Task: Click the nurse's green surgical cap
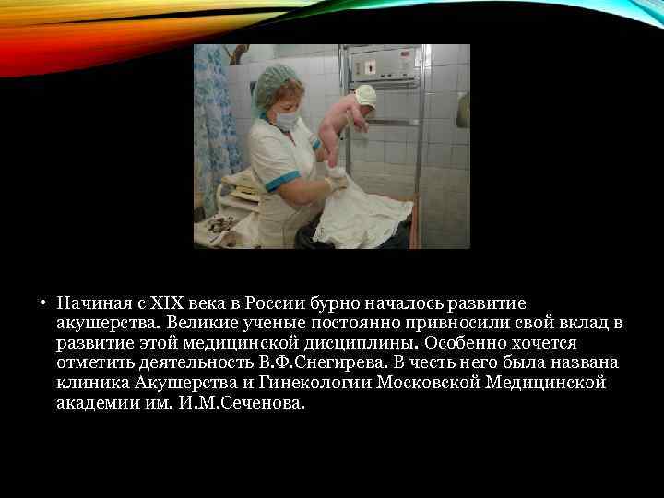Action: (x=278, y=83)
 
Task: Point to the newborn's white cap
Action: (x=365, y=94)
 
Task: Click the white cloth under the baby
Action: (x=364, y=217)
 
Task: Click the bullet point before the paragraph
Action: (x=43, y=302)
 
